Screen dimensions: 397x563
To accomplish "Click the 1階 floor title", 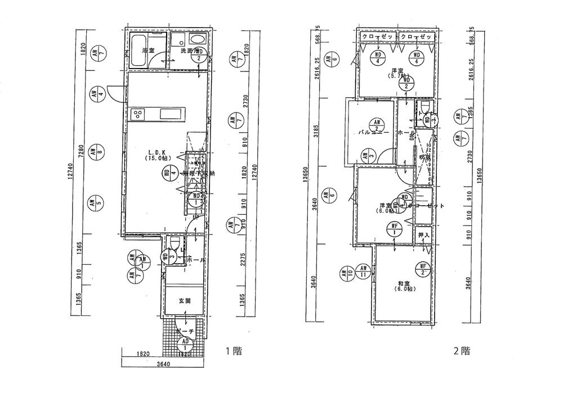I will [234, 351].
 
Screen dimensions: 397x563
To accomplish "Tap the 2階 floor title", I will [462, 351].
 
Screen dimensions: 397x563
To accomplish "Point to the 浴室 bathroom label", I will [148, 51].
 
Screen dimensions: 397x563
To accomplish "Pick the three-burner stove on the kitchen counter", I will [138, 115].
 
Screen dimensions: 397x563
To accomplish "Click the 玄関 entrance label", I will [185, 301].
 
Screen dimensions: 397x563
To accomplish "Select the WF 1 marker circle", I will [395, 229].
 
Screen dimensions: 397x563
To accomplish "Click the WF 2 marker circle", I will [423, 269].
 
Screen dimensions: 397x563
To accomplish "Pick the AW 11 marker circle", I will [364, 272].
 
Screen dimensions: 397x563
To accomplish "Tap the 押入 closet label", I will [423, 234].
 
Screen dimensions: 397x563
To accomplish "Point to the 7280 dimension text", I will [82, 151].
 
